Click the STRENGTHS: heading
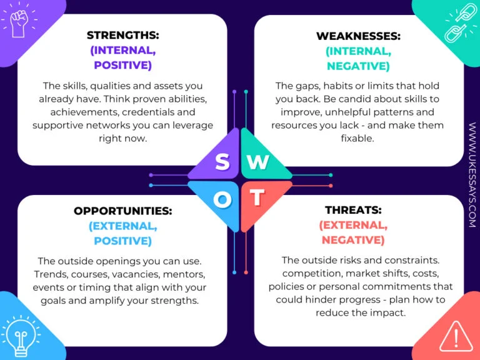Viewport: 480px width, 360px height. pyautogui.click(x=122, y=35)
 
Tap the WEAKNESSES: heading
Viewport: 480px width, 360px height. pyautogui.click(x=358, y=36)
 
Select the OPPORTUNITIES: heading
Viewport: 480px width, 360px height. pyautogui.click(x=122, y=211)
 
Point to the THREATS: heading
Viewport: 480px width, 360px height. pyautogui.click(x=353, y=210)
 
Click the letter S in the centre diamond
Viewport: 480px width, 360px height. pyautogui.click(x=222, y=162)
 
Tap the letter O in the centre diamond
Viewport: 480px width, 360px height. pyautogui.click(x=222, y=199)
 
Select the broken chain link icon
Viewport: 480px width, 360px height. pyautogui.click(x=461, y=24)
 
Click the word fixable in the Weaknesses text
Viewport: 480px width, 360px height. pyautogui.click(x=357, y=138)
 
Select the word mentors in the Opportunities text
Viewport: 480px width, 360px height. pyautogui.click(x=184, y=274)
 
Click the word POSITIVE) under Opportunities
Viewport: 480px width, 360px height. pyautogui.click(x=122, y=241)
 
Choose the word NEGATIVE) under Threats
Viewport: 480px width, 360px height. pyautogui.click(x=353, y=240)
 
